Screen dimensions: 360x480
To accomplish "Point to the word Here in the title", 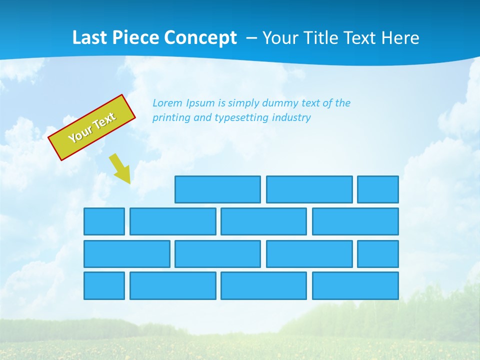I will coord(400,38).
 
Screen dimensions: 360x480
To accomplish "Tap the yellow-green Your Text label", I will coord(92,127).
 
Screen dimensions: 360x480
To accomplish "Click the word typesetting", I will coord(241,118).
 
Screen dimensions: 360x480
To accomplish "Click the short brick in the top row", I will coord(377,189).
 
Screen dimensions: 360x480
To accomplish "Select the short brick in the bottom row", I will coord(104,285).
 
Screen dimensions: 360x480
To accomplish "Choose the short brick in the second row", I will coord(104,221).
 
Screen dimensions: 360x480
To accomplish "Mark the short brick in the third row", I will coord(377,254).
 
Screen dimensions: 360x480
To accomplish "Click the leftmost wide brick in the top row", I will coord(217,189).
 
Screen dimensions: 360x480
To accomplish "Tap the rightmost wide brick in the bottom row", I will coord(355,285).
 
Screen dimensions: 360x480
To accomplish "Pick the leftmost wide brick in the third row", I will coord(126,254).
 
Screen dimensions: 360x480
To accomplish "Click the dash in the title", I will coord(251,38).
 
